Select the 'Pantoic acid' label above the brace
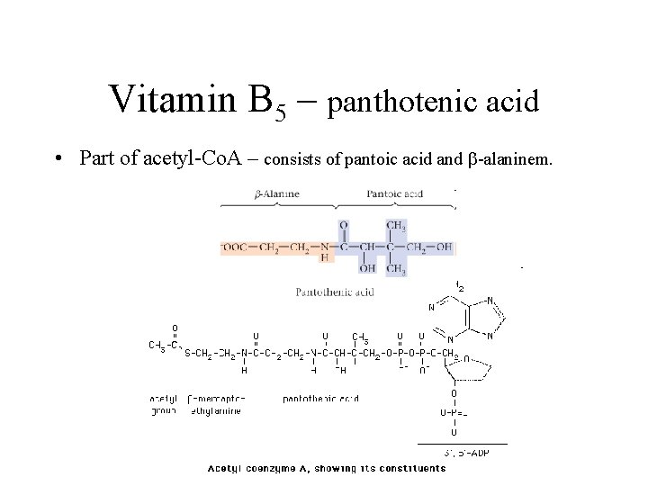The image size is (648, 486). [x=393, y=193]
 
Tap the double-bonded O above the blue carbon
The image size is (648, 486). [x=343, y=225]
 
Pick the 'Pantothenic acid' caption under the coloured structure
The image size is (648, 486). [x=335, y=291]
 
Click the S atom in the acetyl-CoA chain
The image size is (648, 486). [x=188, y=352]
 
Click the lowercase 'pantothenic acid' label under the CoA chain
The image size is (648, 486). [x=320, y=398]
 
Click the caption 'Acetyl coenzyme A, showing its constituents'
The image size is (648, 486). [x=327, y=468]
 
